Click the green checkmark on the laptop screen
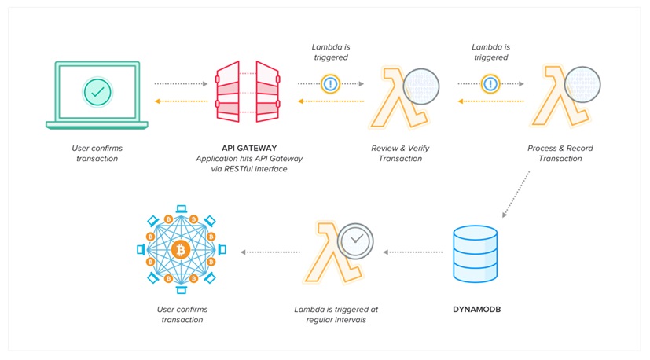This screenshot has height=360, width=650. click(97, 92)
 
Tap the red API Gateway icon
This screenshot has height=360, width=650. click(248, 92)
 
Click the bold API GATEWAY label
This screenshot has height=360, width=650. click(249, 148)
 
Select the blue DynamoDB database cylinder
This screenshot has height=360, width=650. click(475, 254)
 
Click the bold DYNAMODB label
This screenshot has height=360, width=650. click(477, 310)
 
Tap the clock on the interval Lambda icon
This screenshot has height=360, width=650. click(355, 241)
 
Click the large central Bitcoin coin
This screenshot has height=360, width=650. click(181, 250)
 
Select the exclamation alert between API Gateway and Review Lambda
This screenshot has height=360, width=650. click(330, 84)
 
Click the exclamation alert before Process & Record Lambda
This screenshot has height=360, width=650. click(490, 84)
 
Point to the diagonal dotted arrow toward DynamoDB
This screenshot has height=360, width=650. click(516, 194)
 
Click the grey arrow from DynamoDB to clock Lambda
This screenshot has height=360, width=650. click(413, 252)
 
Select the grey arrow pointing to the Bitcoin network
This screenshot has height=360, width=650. click(270, 252)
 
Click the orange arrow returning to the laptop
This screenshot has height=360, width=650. click(181, 101)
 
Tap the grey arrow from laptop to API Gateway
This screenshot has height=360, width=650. click(181, 84)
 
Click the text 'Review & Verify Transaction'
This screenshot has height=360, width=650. click(400, 153)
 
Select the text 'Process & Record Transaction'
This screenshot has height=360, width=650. click(560, 153)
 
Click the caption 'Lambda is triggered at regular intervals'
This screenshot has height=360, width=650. click(336, 314)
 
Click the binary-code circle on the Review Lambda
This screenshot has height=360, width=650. click(421, 86)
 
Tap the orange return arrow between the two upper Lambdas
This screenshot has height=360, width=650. click(490, 101)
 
